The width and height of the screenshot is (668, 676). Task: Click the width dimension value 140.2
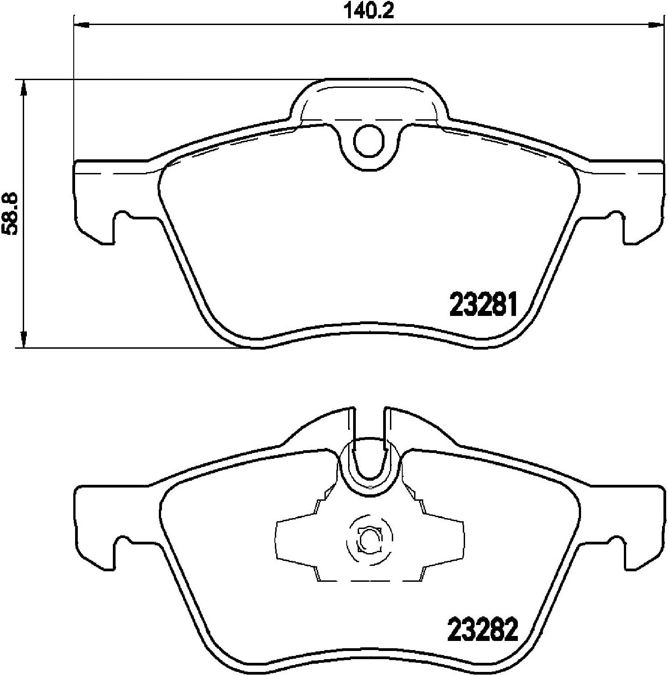368,10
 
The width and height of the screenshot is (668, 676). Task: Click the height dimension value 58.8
10,213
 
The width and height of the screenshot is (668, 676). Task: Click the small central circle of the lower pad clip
367,540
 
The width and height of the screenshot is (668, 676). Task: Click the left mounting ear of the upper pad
96,200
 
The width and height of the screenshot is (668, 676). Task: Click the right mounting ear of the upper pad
642,200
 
